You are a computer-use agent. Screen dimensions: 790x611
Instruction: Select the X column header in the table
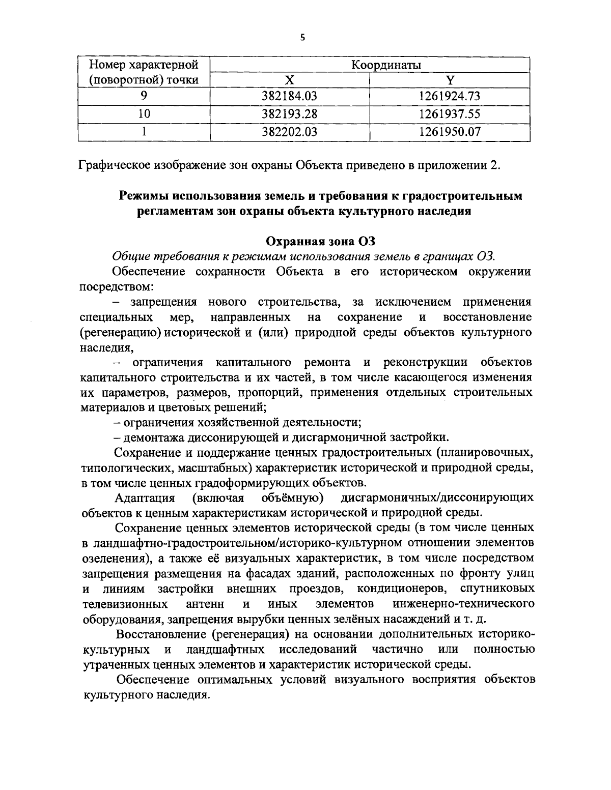coord(289,79)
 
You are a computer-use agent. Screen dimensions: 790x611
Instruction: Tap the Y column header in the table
coord(450,79)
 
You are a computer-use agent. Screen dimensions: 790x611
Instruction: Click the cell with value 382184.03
coord(290,96)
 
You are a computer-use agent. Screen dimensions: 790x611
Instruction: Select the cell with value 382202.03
coord(290,132)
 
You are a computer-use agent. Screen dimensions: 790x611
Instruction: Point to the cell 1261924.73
coord(450,96)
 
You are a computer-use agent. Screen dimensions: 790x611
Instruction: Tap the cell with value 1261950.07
coord(450,132)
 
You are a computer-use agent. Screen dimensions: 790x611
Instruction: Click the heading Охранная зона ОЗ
coord(321,241)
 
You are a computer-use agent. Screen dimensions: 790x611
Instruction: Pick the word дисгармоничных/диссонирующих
coord(437,497)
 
